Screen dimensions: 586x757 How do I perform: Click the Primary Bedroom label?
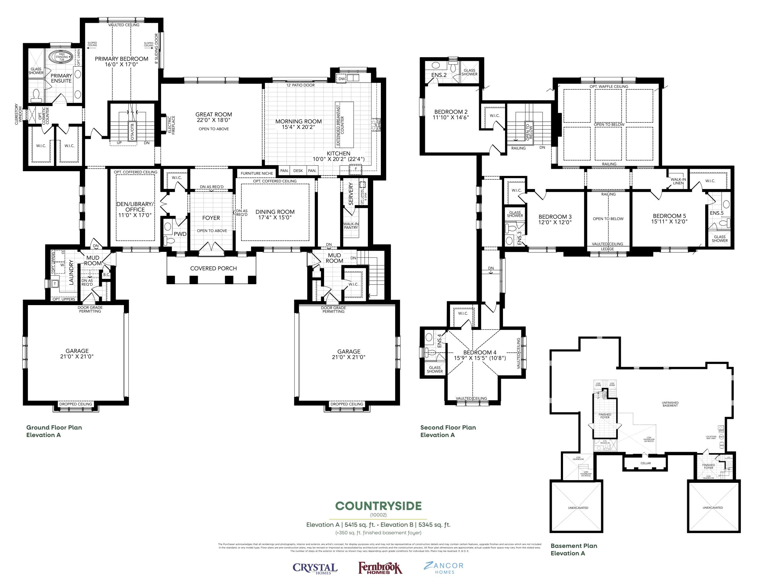click(121, 59)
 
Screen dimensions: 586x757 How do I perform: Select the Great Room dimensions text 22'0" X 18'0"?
click(213, 120)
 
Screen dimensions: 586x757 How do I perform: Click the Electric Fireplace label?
click(172, 125)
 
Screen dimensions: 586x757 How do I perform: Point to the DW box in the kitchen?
click(342, 79)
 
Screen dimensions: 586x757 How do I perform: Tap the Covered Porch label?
click(213, 268)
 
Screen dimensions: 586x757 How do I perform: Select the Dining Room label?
click(275, 212)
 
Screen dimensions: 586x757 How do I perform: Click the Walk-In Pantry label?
click(351, 226)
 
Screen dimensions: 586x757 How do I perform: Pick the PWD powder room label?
click(180, 234)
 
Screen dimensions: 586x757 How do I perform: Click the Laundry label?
click(71, 272)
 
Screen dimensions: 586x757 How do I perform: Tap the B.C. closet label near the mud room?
click(106, 274)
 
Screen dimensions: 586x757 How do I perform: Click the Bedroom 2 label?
click(451, 112)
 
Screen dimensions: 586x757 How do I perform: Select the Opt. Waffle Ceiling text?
click(609, 87)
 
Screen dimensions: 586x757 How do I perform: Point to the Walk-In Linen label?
click(678, 181)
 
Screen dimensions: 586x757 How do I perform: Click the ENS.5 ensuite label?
click(716, 213)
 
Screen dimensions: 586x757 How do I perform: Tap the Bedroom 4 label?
click(479, 352)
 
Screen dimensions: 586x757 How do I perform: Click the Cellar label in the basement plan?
click(646, 463)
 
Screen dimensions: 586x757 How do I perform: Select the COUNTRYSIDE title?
click(378, 506)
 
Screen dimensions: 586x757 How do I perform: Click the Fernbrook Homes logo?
click(380, 568)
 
